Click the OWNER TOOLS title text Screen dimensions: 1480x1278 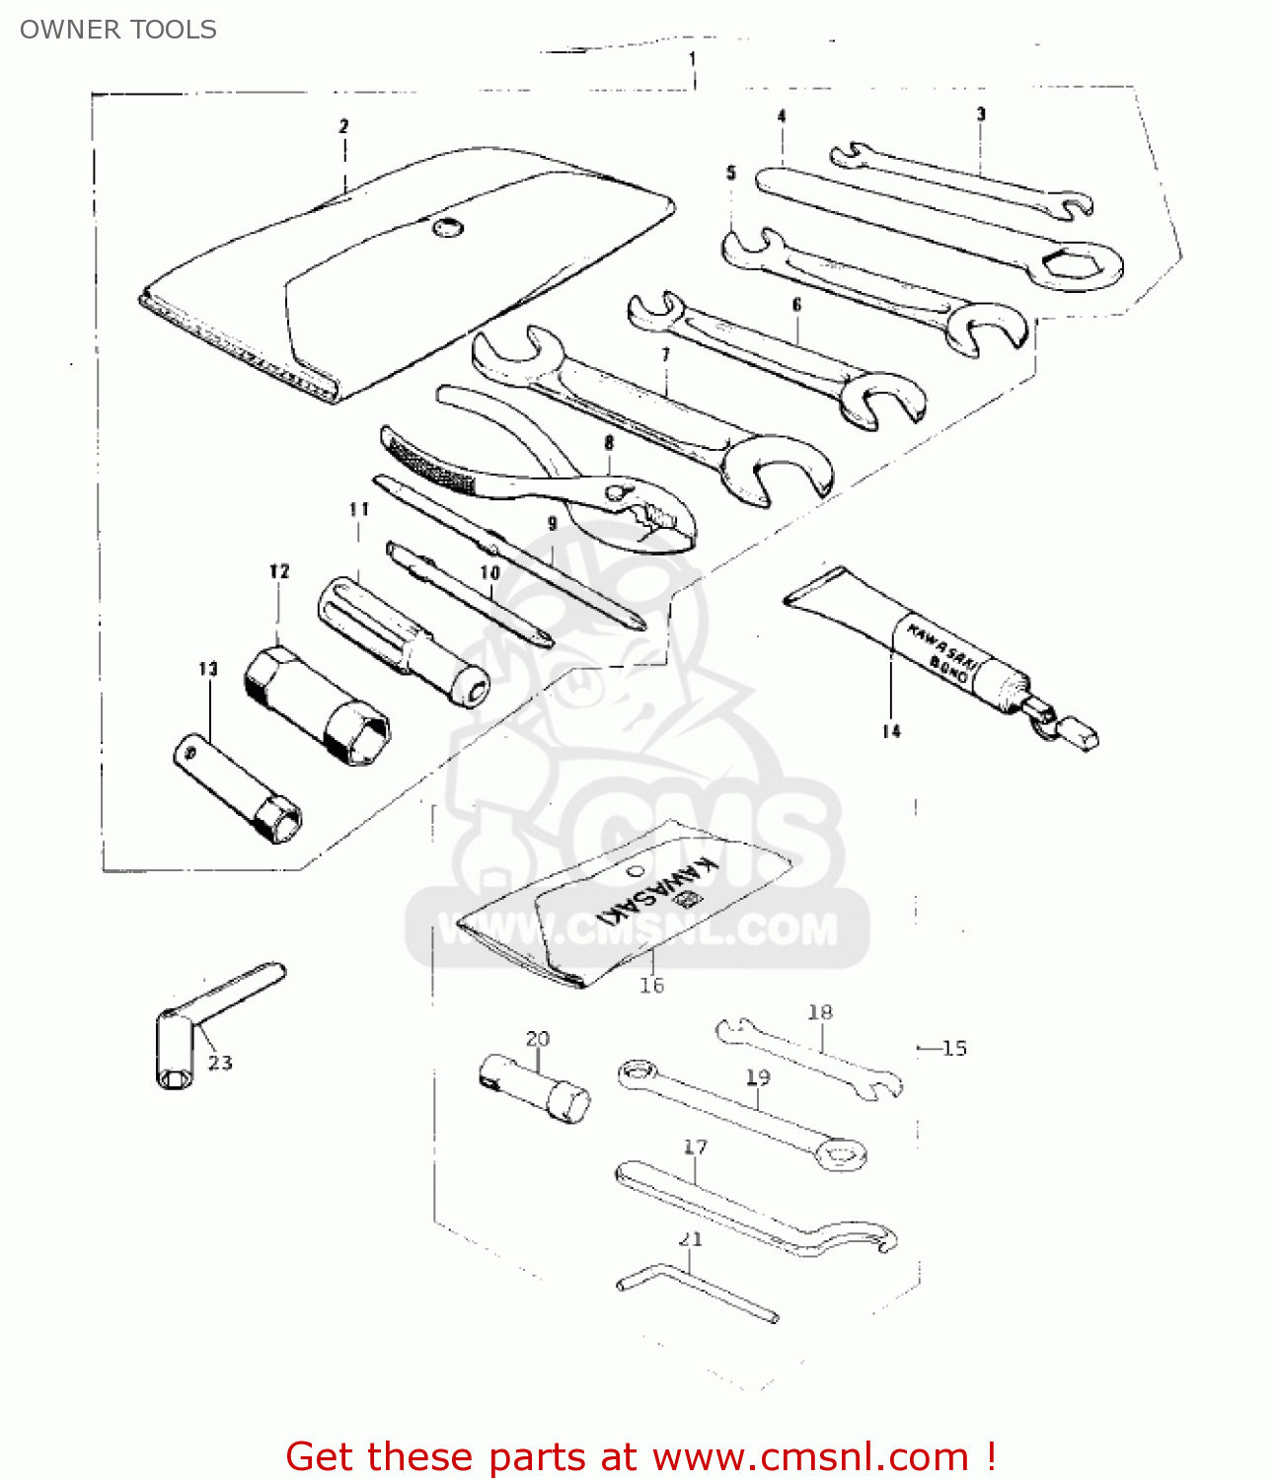click(x=117, y=30)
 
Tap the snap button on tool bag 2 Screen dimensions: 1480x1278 click(x=446, y=227)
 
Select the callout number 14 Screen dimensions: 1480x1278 click(x=891, y=731)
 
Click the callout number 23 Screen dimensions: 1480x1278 click(x=220, y=1063)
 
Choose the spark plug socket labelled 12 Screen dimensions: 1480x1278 click(x=317, y=706)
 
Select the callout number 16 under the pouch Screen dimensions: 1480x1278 click(x=651, y=985)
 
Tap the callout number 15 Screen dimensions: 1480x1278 click(x=953, y=1048)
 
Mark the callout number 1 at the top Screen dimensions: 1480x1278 click(x=692, y=59)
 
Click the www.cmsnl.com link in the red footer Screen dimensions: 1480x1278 click(x=810, y=1456)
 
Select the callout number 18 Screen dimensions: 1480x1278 click(x=820, y=1011)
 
